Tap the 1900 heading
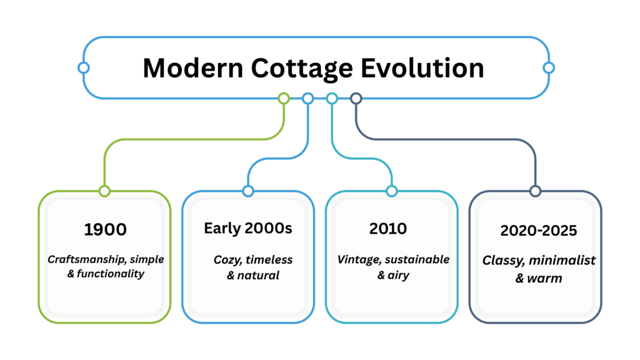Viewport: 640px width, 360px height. point(105,229)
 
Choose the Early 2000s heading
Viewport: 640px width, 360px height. point(248,228)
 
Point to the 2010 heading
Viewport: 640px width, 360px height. point(387,228)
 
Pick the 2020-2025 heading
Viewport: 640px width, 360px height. point(538,230)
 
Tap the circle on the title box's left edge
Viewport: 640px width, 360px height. point(83,67)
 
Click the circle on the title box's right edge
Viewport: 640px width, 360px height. point(548,67)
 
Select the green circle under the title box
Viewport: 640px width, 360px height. point(283,98)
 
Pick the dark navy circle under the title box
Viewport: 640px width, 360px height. point(356,98)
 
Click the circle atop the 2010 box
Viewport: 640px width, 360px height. point(392,191)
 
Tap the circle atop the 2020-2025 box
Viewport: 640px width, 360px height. point(535,191)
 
